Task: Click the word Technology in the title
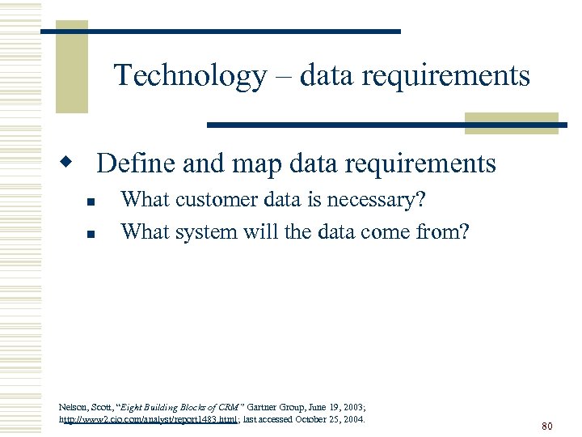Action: click(x=190, y=75)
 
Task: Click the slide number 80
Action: click(x=546, y=426)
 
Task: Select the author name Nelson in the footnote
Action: click(x=74, y=407)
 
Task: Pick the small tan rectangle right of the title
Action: click(x=511, y=123)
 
